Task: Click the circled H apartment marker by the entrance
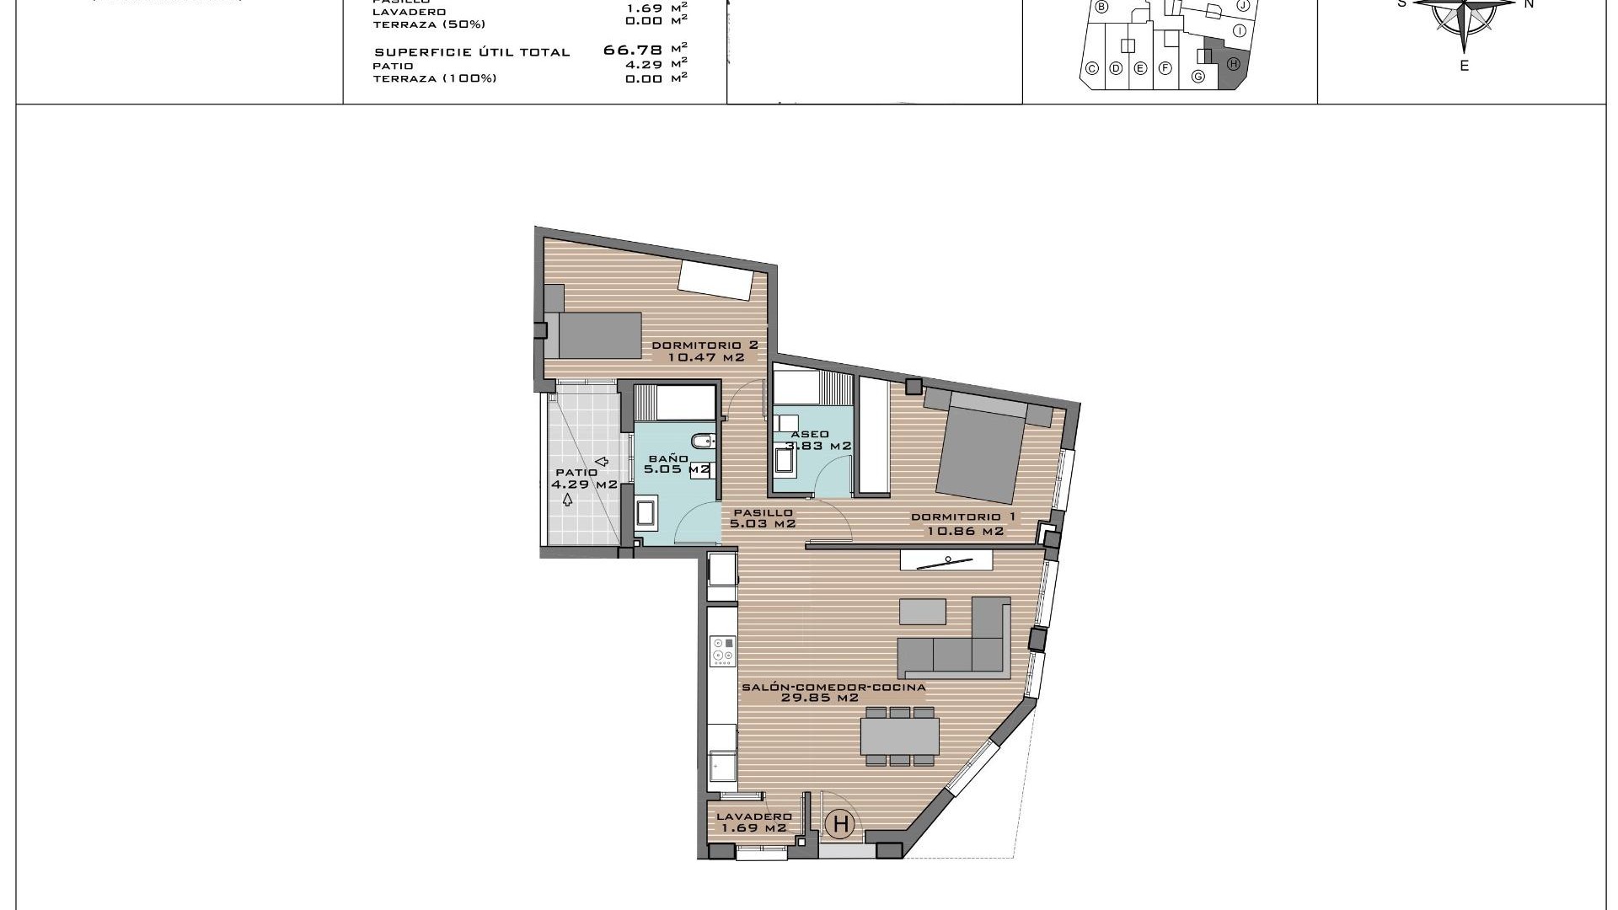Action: tap(840, 824)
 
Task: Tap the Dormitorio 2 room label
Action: tap(705, 345)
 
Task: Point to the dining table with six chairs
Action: tap(899, 736)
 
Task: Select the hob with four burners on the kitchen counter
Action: tap(723, 650)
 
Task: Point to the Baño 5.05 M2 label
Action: tap(676, 464)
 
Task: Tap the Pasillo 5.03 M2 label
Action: tap(763, 518)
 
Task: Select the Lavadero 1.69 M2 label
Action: tap(753, 822)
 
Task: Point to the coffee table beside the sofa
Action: tap(922, 611)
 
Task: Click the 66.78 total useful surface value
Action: tap(633, 51)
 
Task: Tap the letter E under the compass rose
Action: tap(1465, 66)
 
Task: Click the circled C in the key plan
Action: tap(1091, 69)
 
